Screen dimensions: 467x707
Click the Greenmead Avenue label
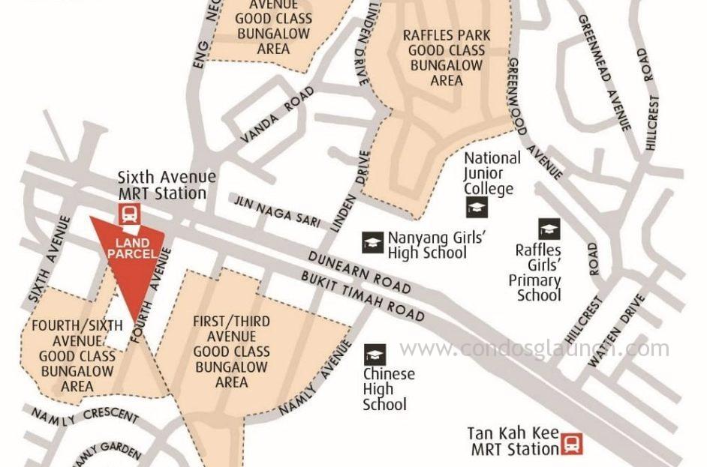click(x=604, y=73)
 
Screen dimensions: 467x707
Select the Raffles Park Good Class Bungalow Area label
click(x=447, y=57)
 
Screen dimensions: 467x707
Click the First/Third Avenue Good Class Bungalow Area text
click(x=231, y=352)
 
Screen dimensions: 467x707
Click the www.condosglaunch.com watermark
click(x=534, y=348)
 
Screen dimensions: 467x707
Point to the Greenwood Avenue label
click(x=534, y=119)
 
